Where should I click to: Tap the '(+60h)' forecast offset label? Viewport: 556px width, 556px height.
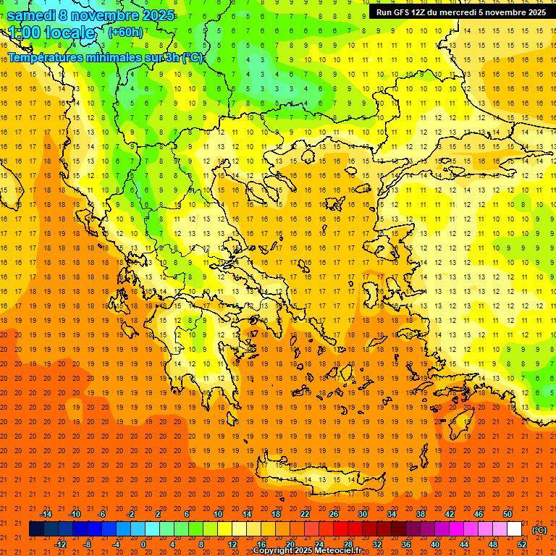pyautogui.click(x=125, y=32)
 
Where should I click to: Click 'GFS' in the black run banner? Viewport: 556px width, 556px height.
pyautogui.click(x=406, y=12)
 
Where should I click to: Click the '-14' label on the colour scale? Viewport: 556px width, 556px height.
pyautogui.click(x=46, y=514)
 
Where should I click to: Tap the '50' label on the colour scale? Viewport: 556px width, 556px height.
pyautogui.click(x=507, y=514)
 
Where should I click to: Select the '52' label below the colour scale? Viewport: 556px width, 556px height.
pyautogui.click(x=521, y=544)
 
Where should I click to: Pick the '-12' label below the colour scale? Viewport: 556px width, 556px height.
pyautogui.click(x=60, y=544)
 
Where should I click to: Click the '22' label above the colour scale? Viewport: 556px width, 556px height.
pyautogui.click(x=305, y=514)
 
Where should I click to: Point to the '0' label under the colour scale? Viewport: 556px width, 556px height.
pyautogui.click(x=143, y=544)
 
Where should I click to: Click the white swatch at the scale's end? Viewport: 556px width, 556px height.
pyautogui.click(x=514, y=529)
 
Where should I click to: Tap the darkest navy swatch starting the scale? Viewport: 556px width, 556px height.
pyautogui.click(x=36, y=529)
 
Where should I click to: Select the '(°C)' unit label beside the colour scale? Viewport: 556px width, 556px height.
pyautogui.click(x=539, y=529)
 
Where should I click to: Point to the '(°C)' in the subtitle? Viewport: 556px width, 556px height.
pyautogui.click(x=192, y=58)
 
